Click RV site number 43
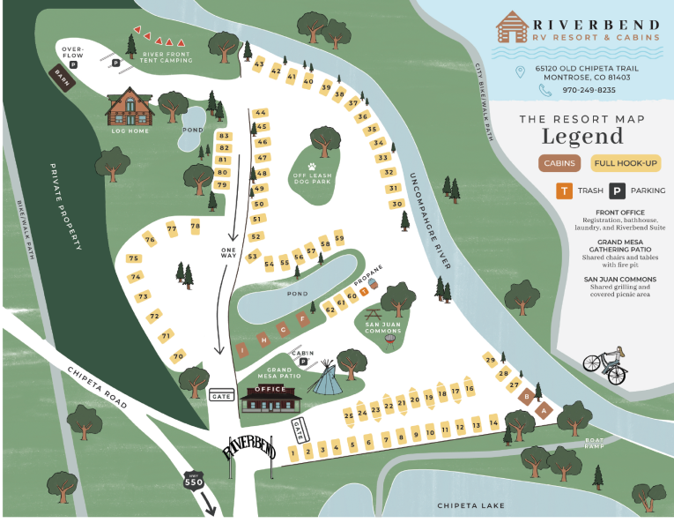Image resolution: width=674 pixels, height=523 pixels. [x=258, y=64]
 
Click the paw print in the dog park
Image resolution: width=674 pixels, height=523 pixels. [x=311, y=165]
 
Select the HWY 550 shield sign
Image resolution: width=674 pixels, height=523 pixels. [x=192, y=482]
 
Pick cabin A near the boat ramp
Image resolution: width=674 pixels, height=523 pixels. [x=544, y=409]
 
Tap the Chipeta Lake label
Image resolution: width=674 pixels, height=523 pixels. [x=472, y=505]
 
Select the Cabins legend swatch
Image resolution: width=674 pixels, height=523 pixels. [x=559, y=162]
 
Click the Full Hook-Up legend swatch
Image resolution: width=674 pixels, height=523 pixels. [x=626, y=162]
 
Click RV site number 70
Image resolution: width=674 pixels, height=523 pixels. [x=178, y=356]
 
